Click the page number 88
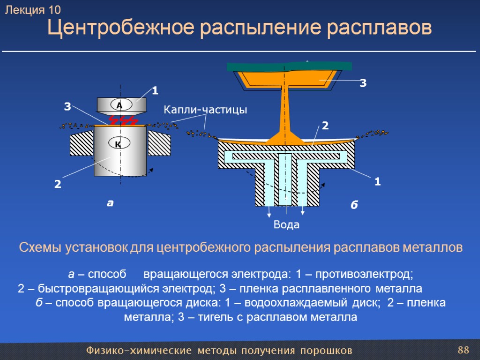[463, 350]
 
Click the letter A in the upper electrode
[119, 105]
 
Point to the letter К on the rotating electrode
[118, 144]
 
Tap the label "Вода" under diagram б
[286, 225]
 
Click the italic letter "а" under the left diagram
[110, 203]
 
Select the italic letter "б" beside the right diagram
[354, 205]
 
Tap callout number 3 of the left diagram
[67, 107]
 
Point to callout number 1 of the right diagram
[377, 182]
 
